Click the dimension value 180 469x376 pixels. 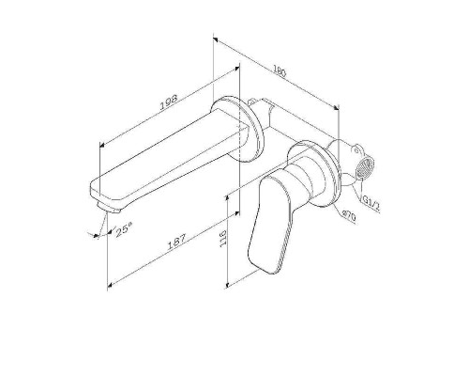pos(280,70)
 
